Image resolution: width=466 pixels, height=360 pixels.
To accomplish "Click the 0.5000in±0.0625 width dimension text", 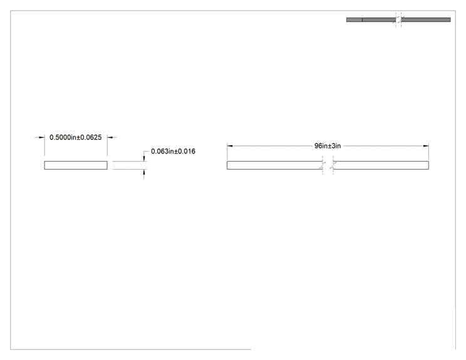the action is pos(76,137).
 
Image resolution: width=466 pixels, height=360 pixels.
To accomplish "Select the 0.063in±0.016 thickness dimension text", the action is pos(173,151).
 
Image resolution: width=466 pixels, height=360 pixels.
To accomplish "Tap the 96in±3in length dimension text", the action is pos(328,146).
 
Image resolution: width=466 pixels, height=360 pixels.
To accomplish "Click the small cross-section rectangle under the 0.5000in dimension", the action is pos(76,165).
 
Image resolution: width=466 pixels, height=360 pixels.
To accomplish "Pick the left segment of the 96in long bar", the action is pos(274,165).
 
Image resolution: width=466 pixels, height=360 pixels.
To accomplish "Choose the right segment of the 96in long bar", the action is pos(381,165).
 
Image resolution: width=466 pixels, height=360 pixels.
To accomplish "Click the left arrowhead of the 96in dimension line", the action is pos(230,146).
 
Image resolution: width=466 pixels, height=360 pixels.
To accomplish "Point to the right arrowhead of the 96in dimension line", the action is pos(426,146).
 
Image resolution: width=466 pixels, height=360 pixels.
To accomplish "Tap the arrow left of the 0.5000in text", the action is pos(40,137).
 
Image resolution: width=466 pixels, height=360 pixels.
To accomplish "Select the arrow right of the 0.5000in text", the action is pos(112,137).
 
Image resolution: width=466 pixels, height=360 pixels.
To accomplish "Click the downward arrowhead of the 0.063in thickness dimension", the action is pos(144,158).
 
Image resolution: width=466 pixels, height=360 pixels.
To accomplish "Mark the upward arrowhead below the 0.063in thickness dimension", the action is pos(144,172).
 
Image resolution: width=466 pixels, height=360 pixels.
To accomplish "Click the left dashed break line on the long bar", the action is pos(323,165).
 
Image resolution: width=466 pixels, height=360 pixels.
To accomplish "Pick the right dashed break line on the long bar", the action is pos(333,165).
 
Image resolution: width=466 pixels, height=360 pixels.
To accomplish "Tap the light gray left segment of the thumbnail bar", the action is pos(355,19).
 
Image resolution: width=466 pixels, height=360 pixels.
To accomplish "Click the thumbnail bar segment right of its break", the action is pos(426,19).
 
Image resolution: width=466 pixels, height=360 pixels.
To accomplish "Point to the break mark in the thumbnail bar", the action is pos(398,19).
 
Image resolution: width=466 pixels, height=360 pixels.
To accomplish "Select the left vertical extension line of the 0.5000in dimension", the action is pos(44,145).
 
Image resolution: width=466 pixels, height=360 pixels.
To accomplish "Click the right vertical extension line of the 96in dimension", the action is pos(429,152).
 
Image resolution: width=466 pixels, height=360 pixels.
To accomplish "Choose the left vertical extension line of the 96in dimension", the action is pos(227,152).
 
